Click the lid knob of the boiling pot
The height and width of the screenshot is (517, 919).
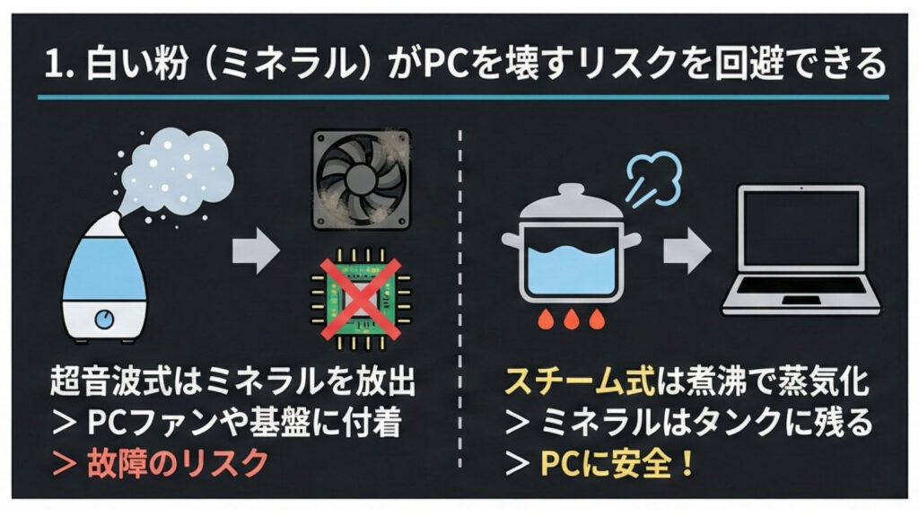[x=571, y=191]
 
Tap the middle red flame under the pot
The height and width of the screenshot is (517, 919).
[x=572, y=320]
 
